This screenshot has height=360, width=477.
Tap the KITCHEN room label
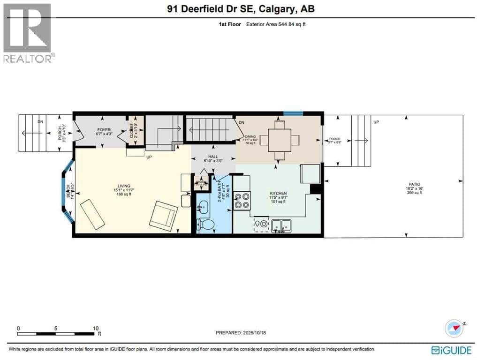click(x=278, y=193)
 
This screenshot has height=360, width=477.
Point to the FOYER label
click(x=104, y=129)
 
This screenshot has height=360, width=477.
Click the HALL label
click(x=213, y=158)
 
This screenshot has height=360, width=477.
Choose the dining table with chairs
click(x=279, y=140)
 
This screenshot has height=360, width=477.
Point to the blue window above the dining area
click(x=293, y=113)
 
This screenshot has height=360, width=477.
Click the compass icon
click(x=454, y=328)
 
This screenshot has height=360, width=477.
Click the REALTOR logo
click(x=28, y=33)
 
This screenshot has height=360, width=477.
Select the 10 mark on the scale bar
click(x=95, y=328)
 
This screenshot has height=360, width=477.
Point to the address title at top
click(x=238, y=9)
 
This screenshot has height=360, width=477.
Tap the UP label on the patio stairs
click(x=376, y=122)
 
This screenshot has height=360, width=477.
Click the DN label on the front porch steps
click(x=40, y=121)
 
